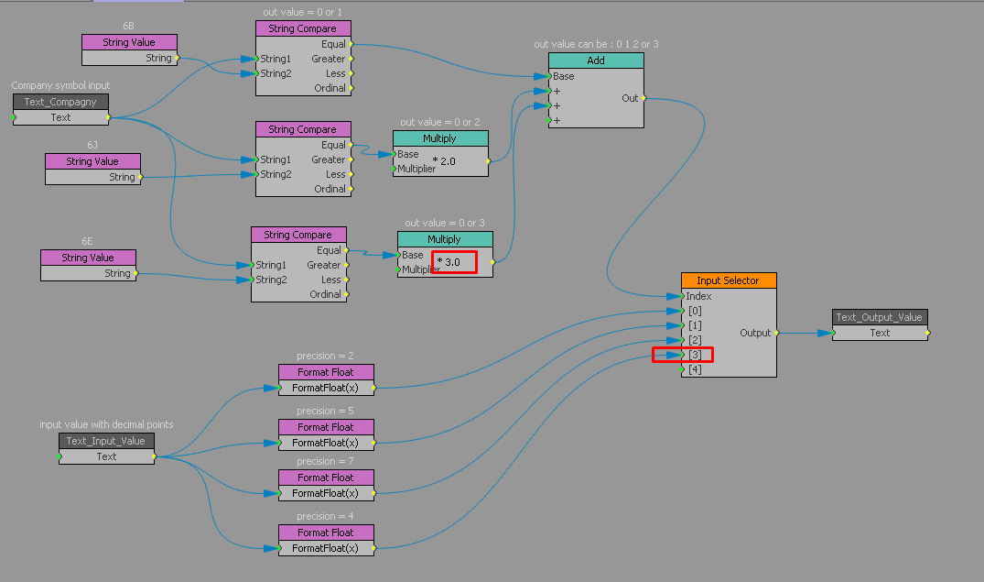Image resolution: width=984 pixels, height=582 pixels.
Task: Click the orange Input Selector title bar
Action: (728, 280)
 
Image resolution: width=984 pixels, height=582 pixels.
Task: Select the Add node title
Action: (596, 60)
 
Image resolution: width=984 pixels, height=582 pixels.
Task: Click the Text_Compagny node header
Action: (60, 102)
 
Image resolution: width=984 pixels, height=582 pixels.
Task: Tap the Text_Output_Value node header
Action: (880, 317)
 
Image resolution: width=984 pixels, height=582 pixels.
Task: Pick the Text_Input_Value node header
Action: (106, 441)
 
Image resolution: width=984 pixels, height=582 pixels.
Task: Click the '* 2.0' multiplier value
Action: (443, 160)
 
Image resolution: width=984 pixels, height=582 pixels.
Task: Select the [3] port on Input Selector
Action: (695, 355)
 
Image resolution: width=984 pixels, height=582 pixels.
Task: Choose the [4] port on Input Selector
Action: (695, 369)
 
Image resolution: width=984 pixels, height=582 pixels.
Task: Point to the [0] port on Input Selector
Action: (695, 311)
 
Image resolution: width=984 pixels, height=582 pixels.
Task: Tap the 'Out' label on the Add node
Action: (630, 98)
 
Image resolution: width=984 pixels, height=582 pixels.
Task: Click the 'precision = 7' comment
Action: (325, 461)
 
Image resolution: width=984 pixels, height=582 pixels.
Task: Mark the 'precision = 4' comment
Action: (325, 516)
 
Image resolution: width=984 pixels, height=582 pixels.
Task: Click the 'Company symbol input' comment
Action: (60, 85)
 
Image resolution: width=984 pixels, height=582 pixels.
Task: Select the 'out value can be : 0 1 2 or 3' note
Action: (596, 44)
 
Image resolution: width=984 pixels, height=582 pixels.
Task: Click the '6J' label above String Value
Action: (92, 145)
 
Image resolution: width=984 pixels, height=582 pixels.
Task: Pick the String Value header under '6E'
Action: (88, 258)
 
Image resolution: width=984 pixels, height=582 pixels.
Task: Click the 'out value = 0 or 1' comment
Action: (302, 12)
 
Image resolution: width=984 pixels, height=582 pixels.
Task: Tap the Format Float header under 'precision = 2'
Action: (326, 372)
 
